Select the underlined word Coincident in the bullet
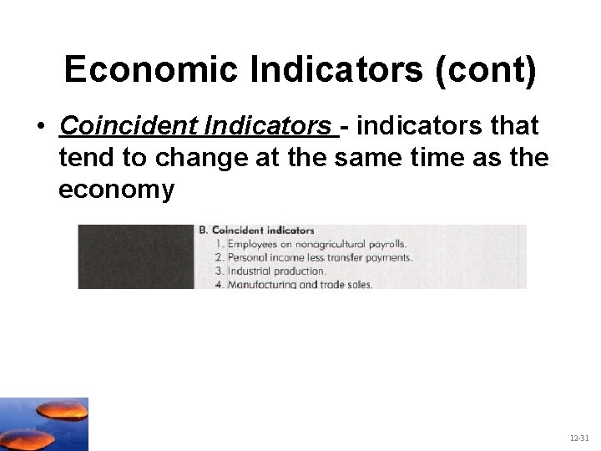point(114,126)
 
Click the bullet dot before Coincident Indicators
point(40,127)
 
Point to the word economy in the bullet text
point(116,190)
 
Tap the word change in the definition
point(192,158)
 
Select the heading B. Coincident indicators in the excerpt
point(256,231)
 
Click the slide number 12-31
point(579,438)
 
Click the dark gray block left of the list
point(136,256)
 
